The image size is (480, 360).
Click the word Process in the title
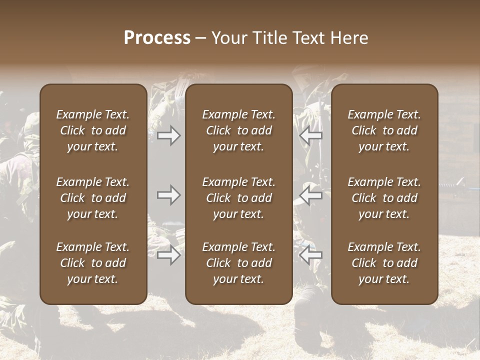click(157, 38)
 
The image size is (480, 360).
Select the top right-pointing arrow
click(168, 135)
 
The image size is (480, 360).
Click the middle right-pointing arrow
click(168, 195)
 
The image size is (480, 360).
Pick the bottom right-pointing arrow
click(168, 255)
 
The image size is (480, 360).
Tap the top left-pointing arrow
click(310, 135)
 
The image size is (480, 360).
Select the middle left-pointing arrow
click(310, 195)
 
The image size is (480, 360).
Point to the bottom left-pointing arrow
click(310, 255)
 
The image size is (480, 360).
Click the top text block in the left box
click(93, 130)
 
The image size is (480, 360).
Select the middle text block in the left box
click(93, 198)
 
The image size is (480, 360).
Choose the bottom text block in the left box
click(93, 263)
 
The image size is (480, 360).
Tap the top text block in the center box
click(239, 130)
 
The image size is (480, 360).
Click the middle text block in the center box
click(239, 198)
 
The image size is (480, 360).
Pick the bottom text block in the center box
click(239, 263)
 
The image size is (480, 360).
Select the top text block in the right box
click(384, 130)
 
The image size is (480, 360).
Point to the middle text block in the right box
click(384, 198)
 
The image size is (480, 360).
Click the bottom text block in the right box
click(384, 263)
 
